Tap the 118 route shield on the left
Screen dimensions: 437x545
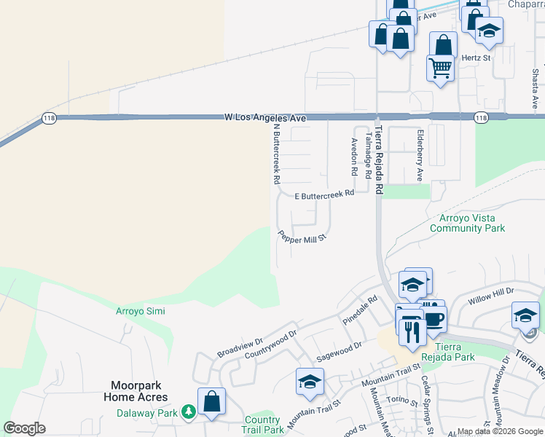click(48, 119)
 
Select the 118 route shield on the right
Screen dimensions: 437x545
click(480, 117)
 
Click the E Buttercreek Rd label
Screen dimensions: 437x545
click(324, 194)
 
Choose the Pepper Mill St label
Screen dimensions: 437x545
click(302, 237)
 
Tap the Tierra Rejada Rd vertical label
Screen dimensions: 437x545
click(379, 160)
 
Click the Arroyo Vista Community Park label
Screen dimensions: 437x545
click(467, 223)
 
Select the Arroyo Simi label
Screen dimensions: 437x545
click(141, 311)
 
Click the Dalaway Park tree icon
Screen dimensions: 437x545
click(189, 413)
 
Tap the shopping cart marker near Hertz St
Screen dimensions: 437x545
click(440, 68)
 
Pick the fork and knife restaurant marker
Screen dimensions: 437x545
click(412, 331)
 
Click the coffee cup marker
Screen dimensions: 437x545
click(434, 318)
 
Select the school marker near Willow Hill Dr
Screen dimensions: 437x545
click(525, 315)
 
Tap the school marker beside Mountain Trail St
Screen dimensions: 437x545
click(310, 381)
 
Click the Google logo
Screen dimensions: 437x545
click(24, 428)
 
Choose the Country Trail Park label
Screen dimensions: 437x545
click(262, 425)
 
